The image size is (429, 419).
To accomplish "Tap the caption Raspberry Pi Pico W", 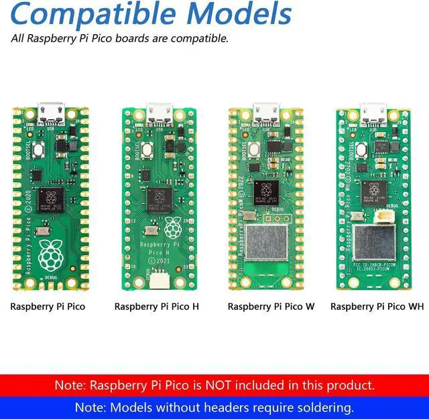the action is [x=271, y=307].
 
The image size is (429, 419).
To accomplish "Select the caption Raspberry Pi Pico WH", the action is [x=377, y=307].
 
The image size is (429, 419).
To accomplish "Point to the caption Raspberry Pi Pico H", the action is [x=156, y=307].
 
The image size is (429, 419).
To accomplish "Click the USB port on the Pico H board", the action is [x=160, y=108].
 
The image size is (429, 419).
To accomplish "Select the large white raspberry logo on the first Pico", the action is [x=49, y=254].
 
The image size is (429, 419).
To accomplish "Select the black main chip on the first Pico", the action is [x=50, y=198].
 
